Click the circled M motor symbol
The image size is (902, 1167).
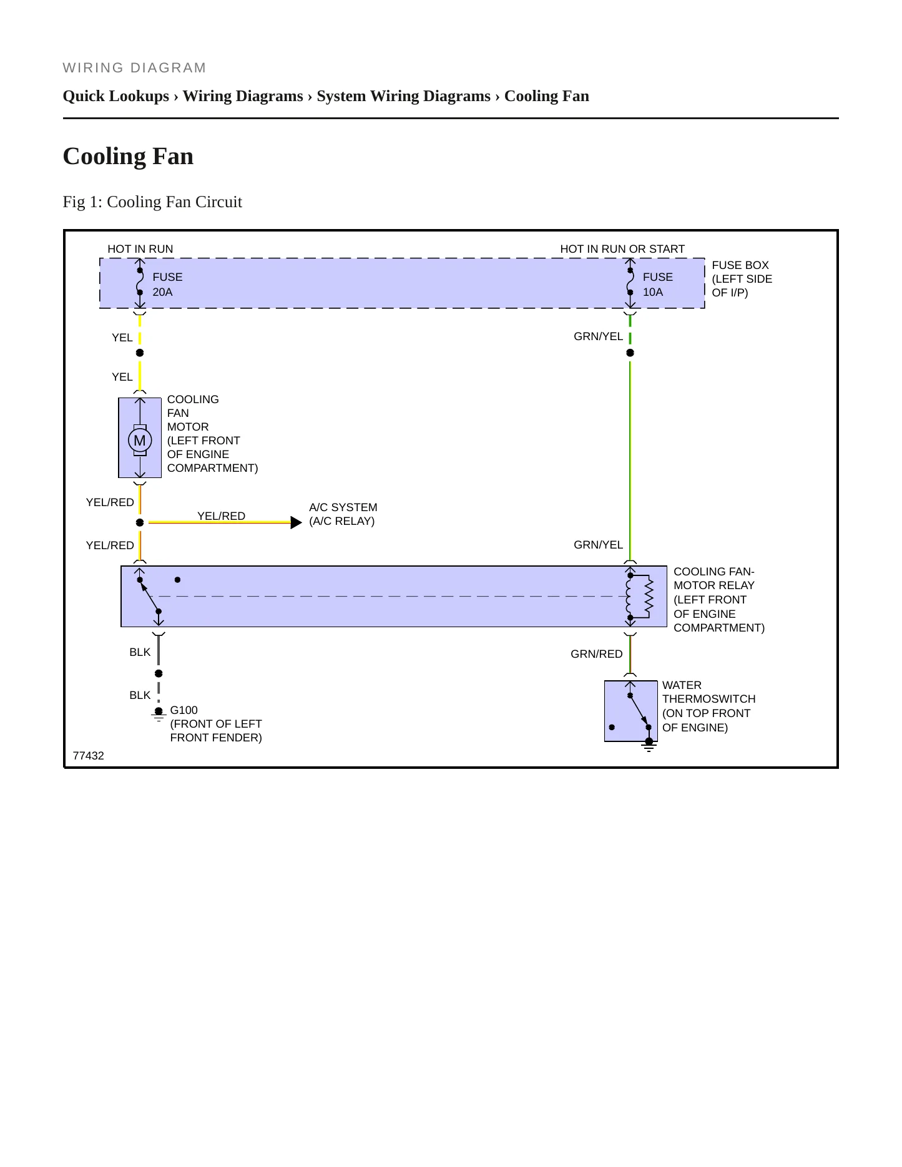(x=140, y=441)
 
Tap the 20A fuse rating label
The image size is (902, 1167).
(x=162, y=292)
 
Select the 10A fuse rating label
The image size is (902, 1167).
(x=653, y=292)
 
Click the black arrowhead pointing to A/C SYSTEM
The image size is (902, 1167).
(x=297, y=522)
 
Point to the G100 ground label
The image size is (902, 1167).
(x=184, y=710)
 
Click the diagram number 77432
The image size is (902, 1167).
(x=89, y=756)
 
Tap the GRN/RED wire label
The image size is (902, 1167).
(x=597, y=654)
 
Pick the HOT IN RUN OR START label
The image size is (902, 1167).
(x=622, y=249)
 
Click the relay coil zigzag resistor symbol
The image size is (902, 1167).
(x=649, y=596)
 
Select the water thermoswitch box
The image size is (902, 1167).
(x=631, y=711)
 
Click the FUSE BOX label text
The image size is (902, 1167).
(x=740, y=265)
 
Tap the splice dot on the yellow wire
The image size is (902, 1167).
(x=140, y=353)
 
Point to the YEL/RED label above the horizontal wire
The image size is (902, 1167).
(x=222, y=515)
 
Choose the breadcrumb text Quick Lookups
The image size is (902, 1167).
(x=116, y=96)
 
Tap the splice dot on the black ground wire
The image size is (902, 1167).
(x=159, y=673)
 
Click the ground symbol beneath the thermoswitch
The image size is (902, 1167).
(x=649, y=745)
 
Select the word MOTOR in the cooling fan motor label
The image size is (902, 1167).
(x=188, y=427)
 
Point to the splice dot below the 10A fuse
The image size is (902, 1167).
(x=630, y=353)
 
